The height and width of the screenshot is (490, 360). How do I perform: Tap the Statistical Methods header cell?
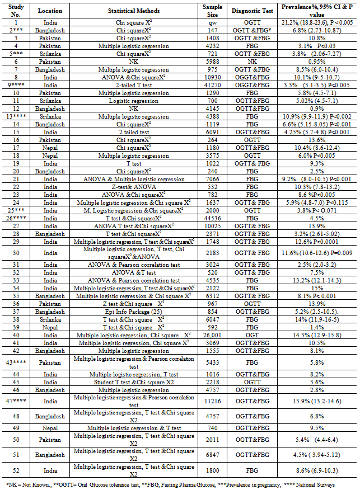coord(134,11)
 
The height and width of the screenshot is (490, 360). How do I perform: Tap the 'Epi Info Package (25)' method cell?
coord(134,311)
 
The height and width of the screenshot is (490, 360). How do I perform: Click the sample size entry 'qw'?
coord(212,22)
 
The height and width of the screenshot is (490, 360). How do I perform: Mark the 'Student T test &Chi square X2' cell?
coord(134,381)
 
